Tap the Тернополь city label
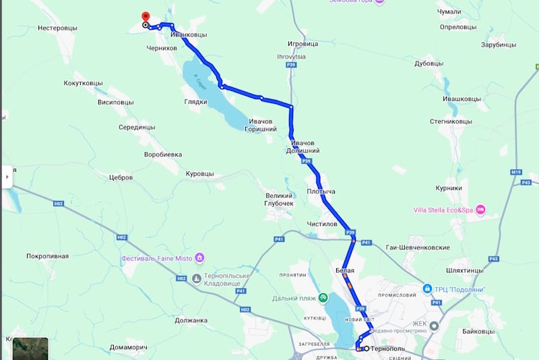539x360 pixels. pyautogui.click(x=387, y=349)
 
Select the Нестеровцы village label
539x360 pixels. pyautogui.click(x=58, y=28)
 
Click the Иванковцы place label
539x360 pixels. pyautogui.click(x=189, y=34)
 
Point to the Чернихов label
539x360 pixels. pyautogui.click(x=162, y=49)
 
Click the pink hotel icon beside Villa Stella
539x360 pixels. pyautogui.click(x=480, y=210)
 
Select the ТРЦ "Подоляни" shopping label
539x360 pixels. pyautogui.click(x=461, y=290)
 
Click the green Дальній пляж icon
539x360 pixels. pyautogui.click(x=323, y=297)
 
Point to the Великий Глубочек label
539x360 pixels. pyautogui.click(x=280, y=199)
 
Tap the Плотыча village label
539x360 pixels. pyautogui.click(x=321, y=192)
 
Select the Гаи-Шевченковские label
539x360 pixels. pyautogui.click(x=418, y=247)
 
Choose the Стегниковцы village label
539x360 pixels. pyautogui.click(x=451, y=121)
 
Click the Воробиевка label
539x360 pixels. pyautogui.click(x=163, y=154)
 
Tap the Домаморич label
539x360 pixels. pyautogui.click(x=128, y=348)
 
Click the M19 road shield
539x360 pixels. pyautogui.click(x=516, y=173)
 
